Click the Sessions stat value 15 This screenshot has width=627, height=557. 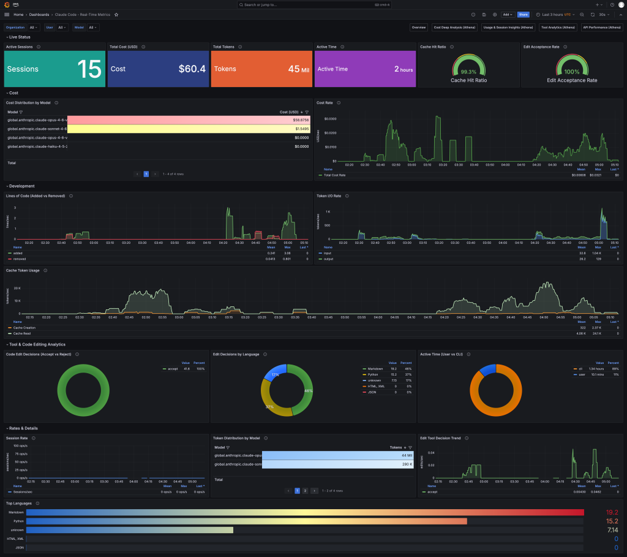click(x=89, y=69)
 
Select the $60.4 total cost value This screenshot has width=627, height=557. click(x=192, y=69)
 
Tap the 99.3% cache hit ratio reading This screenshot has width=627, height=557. click(x=468, y=72)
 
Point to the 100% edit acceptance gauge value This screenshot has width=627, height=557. click(x=572, y=72)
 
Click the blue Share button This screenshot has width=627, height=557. click(x=523, y=14)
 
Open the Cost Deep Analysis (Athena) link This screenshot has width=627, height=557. click(x=455, y=28)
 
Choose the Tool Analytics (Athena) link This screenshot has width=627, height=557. click(x=558, y=28)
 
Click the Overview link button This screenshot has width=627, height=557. click(x=419, y=28)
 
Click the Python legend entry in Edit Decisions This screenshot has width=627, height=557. click(x=372, y=374)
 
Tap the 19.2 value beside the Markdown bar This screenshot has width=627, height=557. click(x=612, y=512)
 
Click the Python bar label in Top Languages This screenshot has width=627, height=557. click(x=19, y=521)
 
